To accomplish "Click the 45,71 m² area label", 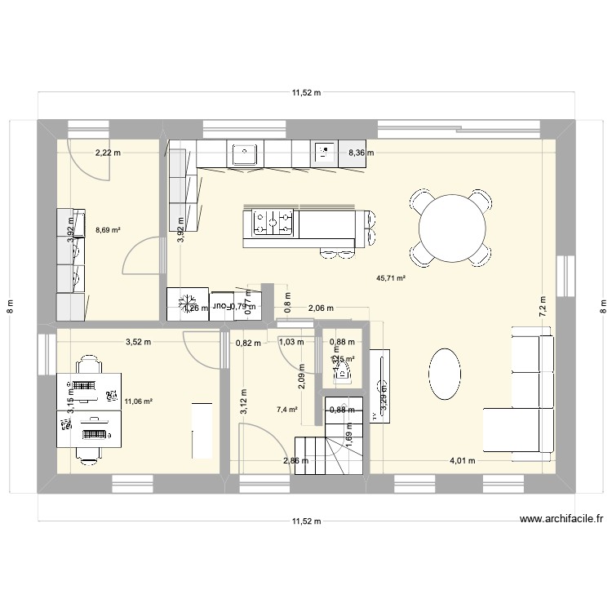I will [391, 278].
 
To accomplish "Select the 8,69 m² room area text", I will [108, 231].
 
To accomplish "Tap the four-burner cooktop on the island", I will [273, 223].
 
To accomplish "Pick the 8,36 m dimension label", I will [361, 153].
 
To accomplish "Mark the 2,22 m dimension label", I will [107, 153].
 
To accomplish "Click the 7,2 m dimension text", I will [543, 305].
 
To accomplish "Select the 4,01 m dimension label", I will [462, 460].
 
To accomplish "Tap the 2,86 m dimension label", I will [295, 460].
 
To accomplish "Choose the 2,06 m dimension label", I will [321, 308].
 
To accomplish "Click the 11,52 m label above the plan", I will [306, 93].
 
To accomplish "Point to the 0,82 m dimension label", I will [248, 343].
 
